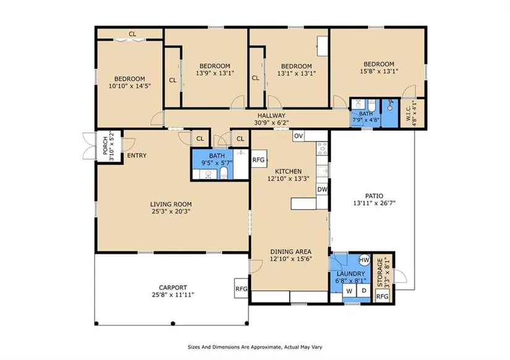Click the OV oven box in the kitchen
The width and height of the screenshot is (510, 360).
(298, 136)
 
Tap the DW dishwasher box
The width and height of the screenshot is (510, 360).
(322, 189)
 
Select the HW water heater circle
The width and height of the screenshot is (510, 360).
(364, 260)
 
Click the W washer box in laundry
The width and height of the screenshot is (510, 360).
(349, 291)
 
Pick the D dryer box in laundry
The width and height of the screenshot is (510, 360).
(363, 291)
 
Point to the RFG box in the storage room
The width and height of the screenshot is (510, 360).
(382, 296)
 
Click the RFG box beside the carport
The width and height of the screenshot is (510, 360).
(241, 288)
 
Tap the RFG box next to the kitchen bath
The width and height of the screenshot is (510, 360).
(259, 160)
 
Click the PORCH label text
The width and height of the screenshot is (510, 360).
(105, 145)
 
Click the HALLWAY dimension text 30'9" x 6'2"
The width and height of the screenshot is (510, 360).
(271, 122)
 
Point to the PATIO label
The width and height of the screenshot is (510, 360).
(374, 196)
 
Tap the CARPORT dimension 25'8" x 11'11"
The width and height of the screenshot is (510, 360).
(173, 295)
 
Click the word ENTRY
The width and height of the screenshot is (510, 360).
(137, 156)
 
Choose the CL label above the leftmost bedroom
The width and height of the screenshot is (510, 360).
(132, 34)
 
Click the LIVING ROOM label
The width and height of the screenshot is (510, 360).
(171, 204)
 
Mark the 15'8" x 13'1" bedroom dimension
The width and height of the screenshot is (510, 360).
(379, 71)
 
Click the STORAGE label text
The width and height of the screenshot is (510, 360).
(380, 273)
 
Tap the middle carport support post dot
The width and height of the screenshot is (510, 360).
(173, 324)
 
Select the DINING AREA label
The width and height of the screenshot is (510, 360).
(291, 252)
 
